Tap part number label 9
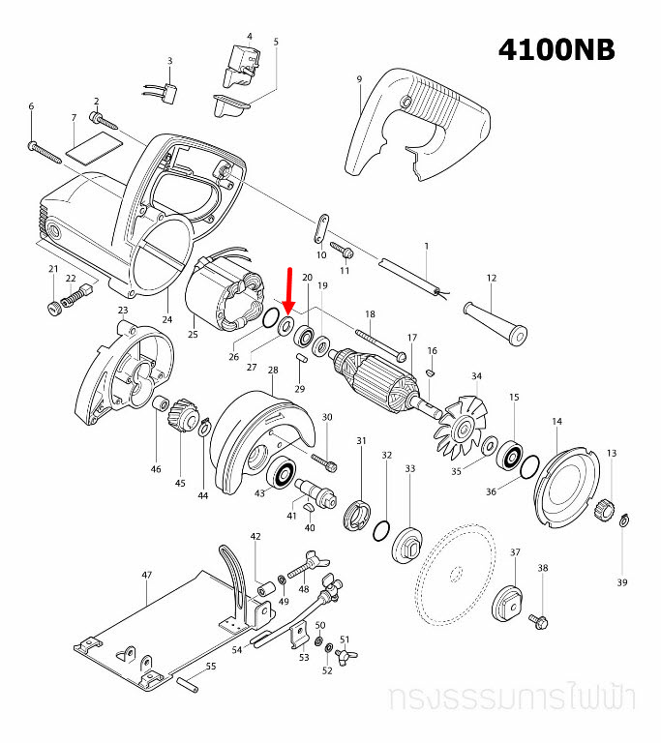[358, 78]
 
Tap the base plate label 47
[146, 575]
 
